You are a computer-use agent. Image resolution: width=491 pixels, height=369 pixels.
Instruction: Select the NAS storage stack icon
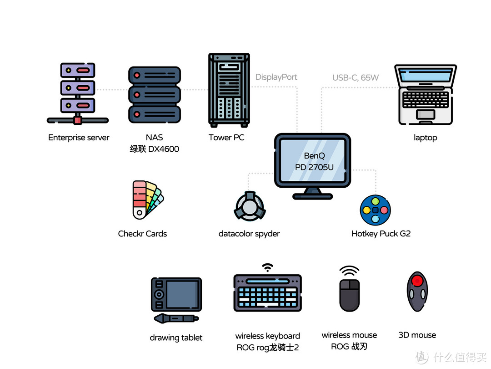155,94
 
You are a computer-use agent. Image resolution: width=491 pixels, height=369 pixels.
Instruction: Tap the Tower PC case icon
229,90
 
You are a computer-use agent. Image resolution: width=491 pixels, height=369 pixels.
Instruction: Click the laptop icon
425,94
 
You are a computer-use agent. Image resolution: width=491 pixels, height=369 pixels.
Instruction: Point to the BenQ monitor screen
312,160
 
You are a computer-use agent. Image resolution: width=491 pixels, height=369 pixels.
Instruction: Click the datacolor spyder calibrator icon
250,206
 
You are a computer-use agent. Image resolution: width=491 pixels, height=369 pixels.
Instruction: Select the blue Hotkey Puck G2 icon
376,210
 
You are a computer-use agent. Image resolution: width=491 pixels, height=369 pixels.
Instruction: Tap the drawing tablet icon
176,300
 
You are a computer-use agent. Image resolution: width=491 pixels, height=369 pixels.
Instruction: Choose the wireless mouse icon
350,295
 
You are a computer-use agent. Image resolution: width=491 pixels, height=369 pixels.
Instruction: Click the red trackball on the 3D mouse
417,280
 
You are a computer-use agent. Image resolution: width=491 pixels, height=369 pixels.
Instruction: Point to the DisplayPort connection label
276,77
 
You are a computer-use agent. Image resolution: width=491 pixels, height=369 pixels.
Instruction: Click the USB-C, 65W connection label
356,77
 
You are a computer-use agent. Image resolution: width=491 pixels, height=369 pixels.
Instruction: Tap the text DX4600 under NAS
164,149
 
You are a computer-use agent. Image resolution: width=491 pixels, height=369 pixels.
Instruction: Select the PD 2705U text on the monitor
314,167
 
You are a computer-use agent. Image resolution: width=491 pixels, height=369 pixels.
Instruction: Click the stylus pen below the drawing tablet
176,318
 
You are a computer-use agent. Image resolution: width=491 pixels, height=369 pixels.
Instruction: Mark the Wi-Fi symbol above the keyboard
267,268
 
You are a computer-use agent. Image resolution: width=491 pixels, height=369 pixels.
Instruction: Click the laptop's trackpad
425,114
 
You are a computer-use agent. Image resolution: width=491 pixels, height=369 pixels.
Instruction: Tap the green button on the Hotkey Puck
376,201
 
